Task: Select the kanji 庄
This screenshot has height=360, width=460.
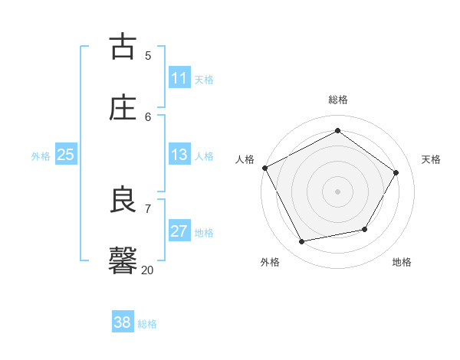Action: tap(123, 107)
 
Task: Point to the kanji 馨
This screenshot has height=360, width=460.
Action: tap(123, 260)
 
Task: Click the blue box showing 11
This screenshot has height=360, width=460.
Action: tap(179, 78)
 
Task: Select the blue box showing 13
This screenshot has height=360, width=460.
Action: tap(179, 155)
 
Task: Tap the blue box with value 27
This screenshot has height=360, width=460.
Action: tap(179, 231)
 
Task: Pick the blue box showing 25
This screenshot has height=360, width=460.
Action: tap(66, 155)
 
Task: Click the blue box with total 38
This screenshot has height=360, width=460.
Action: tap(123, 322)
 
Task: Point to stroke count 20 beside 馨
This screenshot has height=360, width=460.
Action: tap(147, 270)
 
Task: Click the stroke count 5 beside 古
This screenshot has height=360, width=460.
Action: tap(148, 55)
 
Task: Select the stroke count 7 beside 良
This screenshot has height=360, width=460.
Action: tap(148, 208)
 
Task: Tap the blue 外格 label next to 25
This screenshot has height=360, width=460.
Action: tap(41, 156)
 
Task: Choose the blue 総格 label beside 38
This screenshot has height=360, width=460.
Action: tap(147, 324)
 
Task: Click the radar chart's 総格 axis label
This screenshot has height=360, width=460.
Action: tap(338, 100)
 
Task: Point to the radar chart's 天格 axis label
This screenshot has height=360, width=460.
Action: tap(432, 159)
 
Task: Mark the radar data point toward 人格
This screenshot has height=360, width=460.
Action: tap(265, 168)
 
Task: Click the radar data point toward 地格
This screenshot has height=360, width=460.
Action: tap(365, 229)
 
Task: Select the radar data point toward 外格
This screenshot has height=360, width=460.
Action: tap(302, 242)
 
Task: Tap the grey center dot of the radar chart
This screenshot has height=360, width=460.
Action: tap(338, 191)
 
